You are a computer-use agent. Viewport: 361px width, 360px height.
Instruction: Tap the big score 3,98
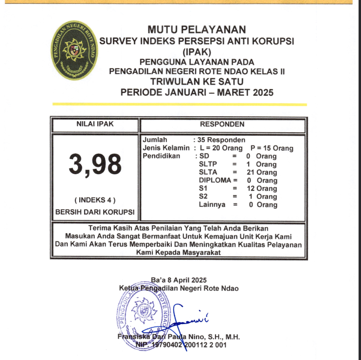tap(95, 164)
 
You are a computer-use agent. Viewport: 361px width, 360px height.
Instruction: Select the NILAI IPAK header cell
tap(95, 125)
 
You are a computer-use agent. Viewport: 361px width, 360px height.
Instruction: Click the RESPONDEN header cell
tap(222, 125)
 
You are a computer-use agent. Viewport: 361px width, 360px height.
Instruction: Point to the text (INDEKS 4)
tap(95, 200)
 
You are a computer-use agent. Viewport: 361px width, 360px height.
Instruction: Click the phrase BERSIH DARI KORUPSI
tap(95, 213)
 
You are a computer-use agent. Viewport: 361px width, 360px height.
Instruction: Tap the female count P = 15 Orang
tap(271, 148)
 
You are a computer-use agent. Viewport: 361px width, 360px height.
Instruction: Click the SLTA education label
tap(208, 172)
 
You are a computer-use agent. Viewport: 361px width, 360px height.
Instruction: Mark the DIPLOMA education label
tap(212, 180)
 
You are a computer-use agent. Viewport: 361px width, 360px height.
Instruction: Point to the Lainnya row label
tap(212, 205)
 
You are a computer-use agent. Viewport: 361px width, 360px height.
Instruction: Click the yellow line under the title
tap(180, 104)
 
